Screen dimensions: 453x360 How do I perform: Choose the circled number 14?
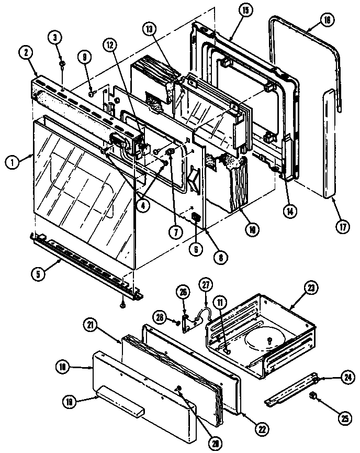[288, 212]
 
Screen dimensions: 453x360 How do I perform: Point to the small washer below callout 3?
[62, 64]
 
